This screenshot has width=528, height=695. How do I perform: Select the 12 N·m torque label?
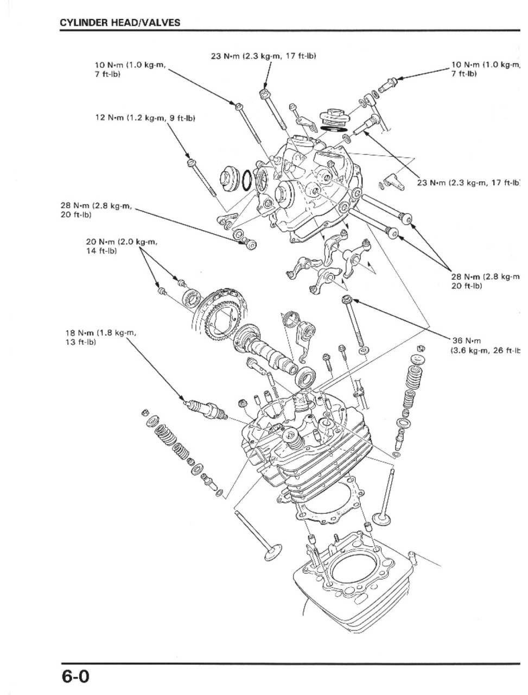[145, 118]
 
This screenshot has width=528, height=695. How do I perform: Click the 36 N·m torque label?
[466, 340]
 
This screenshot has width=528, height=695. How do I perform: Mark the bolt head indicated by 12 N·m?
[190, 163]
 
